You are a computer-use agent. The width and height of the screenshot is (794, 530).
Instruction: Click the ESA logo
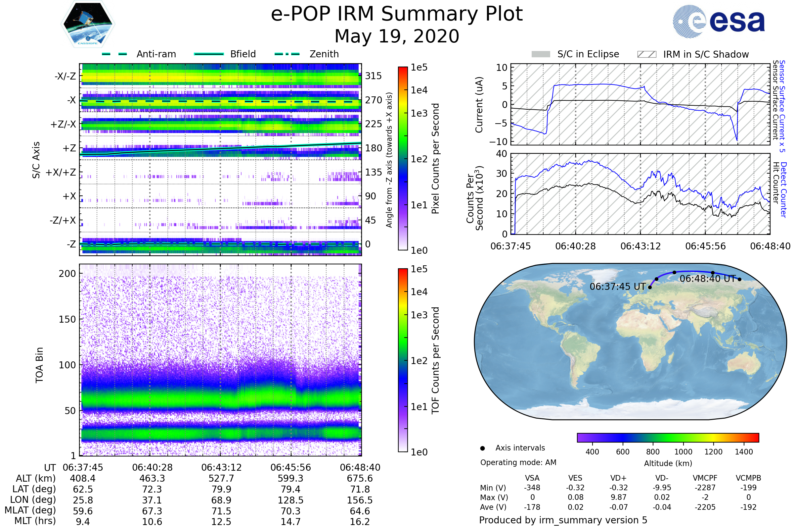click(719, 21)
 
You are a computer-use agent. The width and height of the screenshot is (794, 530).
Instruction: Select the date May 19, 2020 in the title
click(397, 36)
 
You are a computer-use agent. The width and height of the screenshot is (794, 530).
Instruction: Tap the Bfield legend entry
click(243, 54)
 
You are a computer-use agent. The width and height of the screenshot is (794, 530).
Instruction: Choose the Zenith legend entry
click(324, 54)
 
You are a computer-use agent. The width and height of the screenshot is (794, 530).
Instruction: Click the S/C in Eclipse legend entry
click(588, 54)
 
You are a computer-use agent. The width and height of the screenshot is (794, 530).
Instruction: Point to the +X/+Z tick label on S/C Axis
click(61, 172)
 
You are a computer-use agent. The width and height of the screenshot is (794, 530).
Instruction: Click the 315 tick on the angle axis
click(374, 76)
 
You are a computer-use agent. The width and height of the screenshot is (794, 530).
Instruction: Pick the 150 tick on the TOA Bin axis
click(67, 319)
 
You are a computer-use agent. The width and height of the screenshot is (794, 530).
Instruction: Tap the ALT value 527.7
click(221, 478)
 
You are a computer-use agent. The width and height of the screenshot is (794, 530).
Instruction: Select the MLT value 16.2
click(360, 521)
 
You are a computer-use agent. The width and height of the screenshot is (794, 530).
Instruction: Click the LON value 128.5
click(291, 500)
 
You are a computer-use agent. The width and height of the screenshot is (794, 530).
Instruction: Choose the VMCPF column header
click(705, 478)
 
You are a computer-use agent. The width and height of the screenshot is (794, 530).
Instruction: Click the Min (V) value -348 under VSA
click(532, 488)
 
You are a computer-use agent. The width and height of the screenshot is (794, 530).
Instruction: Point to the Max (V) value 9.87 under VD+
click(618, 497)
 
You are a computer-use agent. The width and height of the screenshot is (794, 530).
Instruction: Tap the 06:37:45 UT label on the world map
click(617, 287)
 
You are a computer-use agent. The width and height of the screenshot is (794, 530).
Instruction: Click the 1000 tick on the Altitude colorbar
click(683, 452)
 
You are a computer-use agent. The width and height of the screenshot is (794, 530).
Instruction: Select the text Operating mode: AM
click(518, 462)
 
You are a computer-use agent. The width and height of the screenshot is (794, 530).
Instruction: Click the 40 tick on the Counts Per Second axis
click(502, 154)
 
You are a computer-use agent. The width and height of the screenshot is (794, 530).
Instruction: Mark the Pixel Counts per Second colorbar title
click(435, 159)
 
